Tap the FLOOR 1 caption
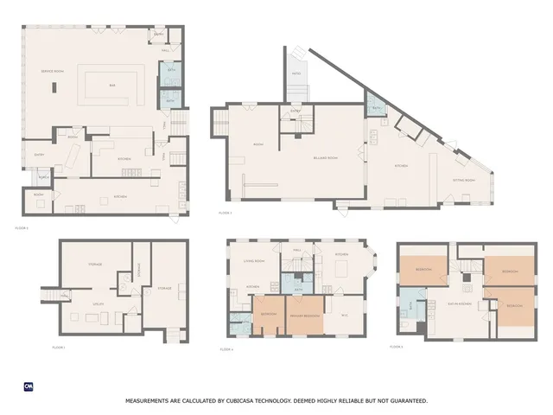tap(58, 347)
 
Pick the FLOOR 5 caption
tap(396, 347)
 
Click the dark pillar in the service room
tap(55, 86)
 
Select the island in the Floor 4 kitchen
tap(340, 271)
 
